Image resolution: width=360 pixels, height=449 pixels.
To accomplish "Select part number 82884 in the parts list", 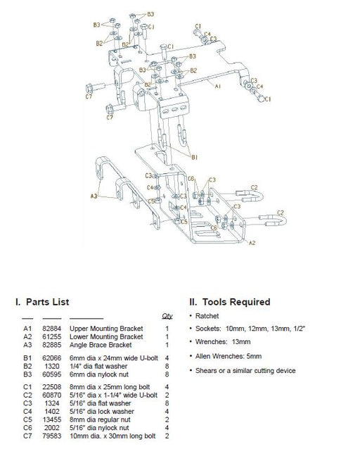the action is [52, 329].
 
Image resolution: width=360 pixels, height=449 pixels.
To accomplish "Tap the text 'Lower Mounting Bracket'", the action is [106, 336].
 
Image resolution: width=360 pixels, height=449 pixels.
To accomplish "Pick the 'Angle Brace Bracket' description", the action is [101, 345].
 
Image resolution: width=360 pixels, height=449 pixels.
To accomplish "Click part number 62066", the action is [52, 358].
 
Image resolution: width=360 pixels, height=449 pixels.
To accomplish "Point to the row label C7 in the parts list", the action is [27, 436].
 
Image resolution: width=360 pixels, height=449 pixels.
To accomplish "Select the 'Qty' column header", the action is [167, 316].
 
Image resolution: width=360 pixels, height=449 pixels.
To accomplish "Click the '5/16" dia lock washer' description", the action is [102, 412].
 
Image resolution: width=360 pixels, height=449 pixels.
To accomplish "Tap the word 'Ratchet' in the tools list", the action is [207, 316].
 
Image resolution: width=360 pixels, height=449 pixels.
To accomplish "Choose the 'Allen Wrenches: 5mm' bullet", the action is [229, 356].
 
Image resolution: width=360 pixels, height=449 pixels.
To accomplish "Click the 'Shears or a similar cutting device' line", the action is [245, 371].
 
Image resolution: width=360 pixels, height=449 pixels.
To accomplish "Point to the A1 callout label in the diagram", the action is [218, 86].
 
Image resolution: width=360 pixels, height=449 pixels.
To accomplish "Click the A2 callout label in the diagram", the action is [252, 243].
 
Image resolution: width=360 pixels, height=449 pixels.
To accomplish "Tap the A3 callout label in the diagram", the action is [94, 196].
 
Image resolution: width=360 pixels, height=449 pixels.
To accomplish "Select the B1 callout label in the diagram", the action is [195, 157].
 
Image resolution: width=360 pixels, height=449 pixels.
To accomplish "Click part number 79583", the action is [52, 436].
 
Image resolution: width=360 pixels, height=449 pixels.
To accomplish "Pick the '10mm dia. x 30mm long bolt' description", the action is [112, 436].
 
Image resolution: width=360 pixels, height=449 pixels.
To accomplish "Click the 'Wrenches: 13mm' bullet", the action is [223, 341].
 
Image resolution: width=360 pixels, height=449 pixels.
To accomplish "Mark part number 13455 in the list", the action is [52, 419].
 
